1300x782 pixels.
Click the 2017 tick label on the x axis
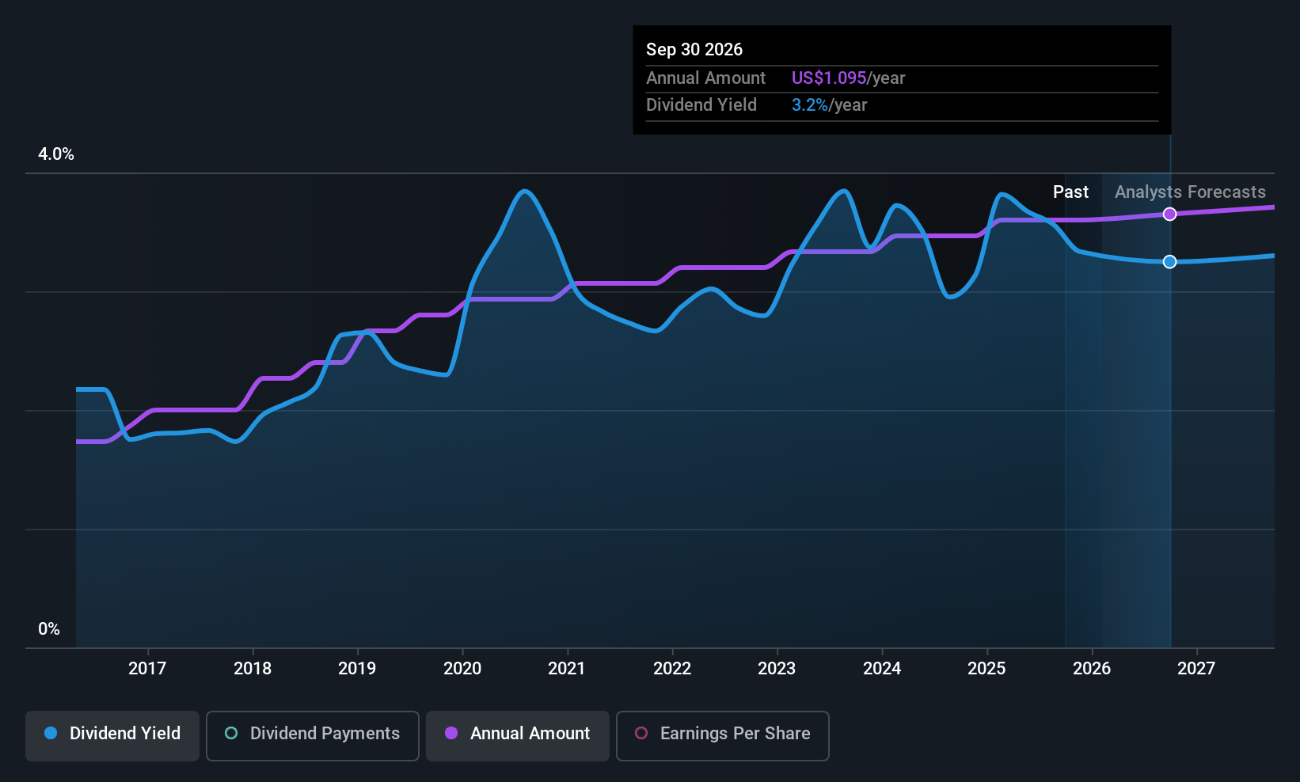(x=147, y=668)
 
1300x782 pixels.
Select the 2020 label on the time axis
(x=462, y=668)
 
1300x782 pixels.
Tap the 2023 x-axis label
(x=777, y=668)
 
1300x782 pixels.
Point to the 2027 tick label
(x=1196, y=668)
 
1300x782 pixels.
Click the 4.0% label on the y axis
(x=56, y=154)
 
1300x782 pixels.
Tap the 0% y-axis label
(x=49, y=629)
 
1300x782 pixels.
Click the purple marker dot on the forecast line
(x=1169, y=214)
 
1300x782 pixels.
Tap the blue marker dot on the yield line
(x=1169, y=262)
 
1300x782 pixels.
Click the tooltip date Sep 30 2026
(x=694, y=50)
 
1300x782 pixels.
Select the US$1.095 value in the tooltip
(x=829, y=78)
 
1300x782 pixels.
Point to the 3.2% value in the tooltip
(x=810, y=105)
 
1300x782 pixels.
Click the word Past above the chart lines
(x=1070, y=192)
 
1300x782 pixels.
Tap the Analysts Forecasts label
(x=1190, y=192)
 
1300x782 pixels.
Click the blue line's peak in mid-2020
(x=525, y=191)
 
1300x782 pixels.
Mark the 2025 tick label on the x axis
(x=986, y=668)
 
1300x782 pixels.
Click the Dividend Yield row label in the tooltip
(x=701, y=105)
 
